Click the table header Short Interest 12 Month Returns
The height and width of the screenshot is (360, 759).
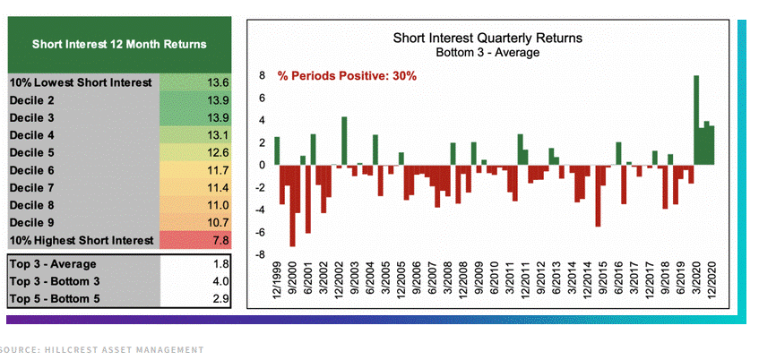click(x=119, y=44)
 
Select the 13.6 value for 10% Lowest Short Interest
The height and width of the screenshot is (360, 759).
click(x=219, y=82)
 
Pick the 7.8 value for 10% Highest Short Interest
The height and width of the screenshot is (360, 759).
click(x=219, y=239)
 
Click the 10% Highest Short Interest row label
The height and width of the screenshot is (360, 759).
click(x=81, y=239)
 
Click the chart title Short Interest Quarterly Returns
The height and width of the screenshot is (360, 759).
click(x=487, y=39)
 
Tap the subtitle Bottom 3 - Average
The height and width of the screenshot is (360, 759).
click(x=487, y=53)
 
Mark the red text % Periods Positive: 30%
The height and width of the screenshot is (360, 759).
click(x=347, y=76)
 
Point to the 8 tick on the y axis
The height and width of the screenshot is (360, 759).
click(x=262, y=76)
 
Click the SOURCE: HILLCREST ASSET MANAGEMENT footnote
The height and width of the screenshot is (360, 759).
click(x=102, y=349)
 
